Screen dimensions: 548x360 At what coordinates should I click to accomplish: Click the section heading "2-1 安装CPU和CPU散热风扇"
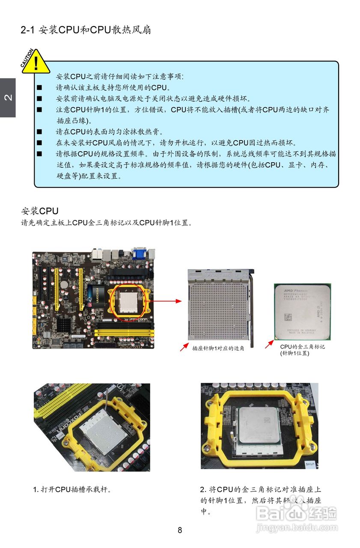[86, 30]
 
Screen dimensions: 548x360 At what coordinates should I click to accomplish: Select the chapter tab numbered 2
[8, 98]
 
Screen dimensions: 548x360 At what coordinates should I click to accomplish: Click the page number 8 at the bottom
[180, 530]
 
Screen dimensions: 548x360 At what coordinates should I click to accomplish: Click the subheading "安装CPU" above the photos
[40, 211]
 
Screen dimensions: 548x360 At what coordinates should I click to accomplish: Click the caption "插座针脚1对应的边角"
[218, 348]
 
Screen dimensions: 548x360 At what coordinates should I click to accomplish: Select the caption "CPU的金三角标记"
[302, 347]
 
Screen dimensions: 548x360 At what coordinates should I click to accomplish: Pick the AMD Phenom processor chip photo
[302, 311]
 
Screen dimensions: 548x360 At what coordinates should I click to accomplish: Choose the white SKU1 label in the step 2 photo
[310, 464]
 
